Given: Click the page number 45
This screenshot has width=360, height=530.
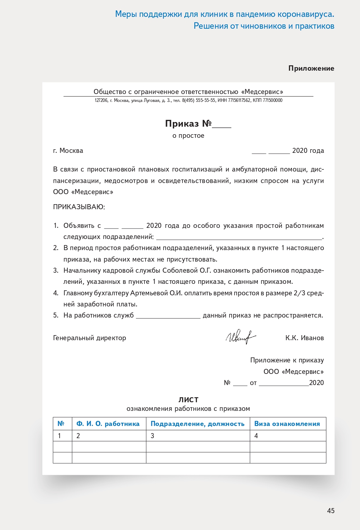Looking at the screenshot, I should [x=331, y=511].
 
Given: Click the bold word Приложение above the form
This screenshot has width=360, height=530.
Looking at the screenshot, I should [x=311, y=68].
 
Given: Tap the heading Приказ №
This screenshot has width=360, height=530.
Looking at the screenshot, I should [x=188, y=123].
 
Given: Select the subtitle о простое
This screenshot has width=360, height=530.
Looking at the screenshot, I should [x=188, y=136].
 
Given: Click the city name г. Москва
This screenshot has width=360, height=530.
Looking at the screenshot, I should [x=68, y=151].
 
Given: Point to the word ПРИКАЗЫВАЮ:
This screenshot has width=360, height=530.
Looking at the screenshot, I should [x=79, y=207].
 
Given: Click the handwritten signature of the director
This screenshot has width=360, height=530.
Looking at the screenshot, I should [x=240, y=337].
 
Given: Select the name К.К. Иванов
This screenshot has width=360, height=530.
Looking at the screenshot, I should [x=304, y=338].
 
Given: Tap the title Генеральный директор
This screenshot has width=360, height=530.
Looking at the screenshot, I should [x=90, y=338].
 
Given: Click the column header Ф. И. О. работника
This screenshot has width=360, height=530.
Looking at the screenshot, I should [x=108, y=424].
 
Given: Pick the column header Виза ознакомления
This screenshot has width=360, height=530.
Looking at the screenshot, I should [x=287, y=424].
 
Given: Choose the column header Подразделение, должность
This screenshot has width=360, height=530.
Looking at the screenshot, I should [x=198, y=424].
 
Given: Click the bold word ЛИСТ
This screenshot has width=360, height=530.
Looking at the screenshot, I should [x=188, y=400].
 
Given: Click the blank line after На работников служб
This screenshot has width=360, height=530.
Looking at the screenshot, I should [x=168, y=316].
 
